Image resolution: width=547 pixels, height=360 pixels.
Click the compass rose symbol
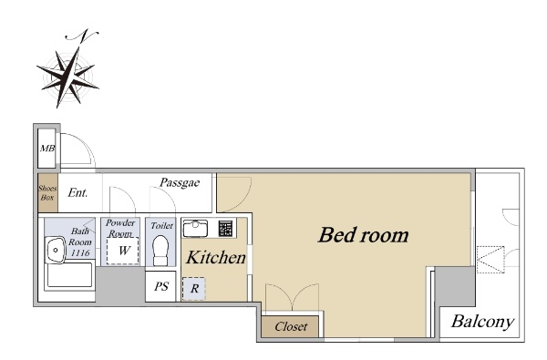(68, 77)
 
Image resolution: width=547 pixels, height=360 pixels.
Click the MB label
(47, 149)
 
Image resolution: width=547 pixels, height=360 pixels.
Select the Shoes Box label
(47, 192)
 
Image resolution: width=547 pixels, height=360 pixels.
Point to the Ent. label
(77, 192)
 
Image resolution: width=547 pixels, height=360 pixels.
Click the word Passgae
(180, 182)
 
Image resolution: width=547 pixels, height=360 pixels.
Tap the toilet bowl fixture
(160, 250)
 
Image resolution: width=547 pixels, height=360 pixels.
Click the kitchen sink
(195, 228)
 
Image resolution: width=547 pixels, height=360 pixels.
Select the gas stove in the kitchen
(225, 228)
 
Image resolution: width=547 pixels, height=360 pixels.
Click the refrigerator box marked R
(194, 289)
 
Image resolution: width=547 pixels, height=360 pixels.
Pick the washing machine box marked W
(123, 251)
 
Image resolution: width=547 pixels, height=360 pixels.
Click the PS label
(161, 286)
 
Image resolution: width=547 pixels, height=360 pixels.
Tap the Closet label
(291, 327)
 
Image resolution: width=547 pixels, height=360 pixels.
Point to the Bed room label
(363, 235)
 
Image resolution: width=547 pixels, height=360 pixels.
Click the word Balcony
(483, 322)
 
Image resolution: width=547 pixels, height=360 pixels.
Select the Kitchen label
(215, 258)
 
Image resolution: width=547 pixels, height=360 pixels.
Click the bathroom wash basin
(55, 250)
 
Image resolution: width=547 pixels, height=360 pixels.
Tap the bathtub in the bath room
(70, 275)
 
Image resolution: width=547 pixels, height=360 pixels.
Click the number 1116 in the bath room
(80, 252)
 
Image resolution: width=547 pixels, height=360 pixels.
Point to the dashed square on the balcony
(490, 260)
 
